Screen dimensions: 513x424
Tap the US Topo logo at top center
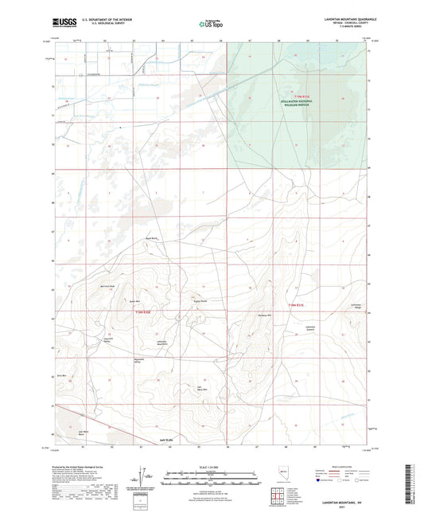(x=212, y=25)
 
